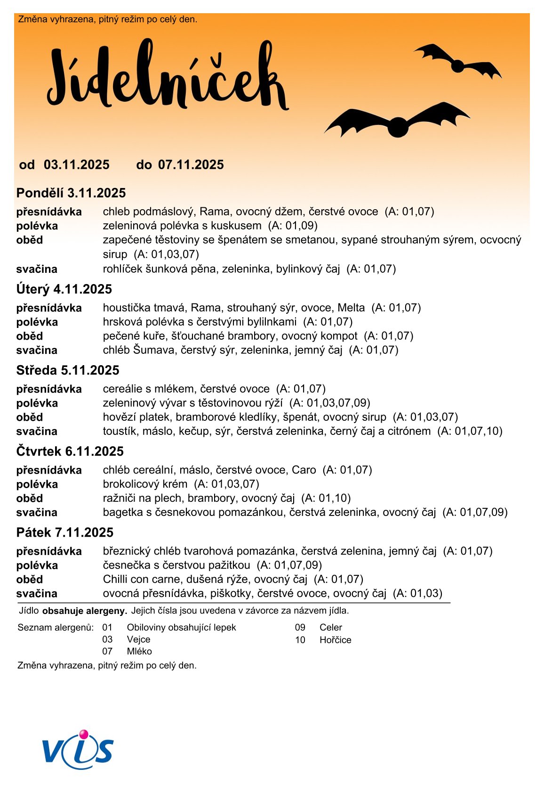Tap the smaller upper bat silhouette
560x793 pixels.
coord(457,64)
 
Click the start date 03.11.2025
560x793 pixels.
coord(77,165)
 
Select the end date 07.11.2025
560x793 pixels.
coord(191,165)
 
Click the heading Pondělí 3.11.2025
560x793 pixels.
coord(71,193)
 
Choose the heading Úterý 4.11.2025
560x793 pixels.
coord(64,289)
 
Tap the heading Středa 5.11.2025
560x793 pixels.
coord(68,370)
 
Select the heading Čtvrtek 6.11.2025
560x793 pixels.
coord(70,451)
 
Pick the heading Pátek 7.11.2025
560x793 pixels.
coord(65,532)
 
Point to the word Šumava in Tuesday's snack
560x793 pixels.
coord(151,350)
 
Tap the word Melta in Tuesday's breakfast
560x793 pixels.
coord(351,308)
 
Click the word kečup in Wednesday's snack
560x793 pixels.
coord(192,431)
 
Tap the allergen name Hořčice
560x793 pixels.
coord(335,640)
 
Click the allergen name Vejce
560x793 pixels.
coord(138,639)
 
